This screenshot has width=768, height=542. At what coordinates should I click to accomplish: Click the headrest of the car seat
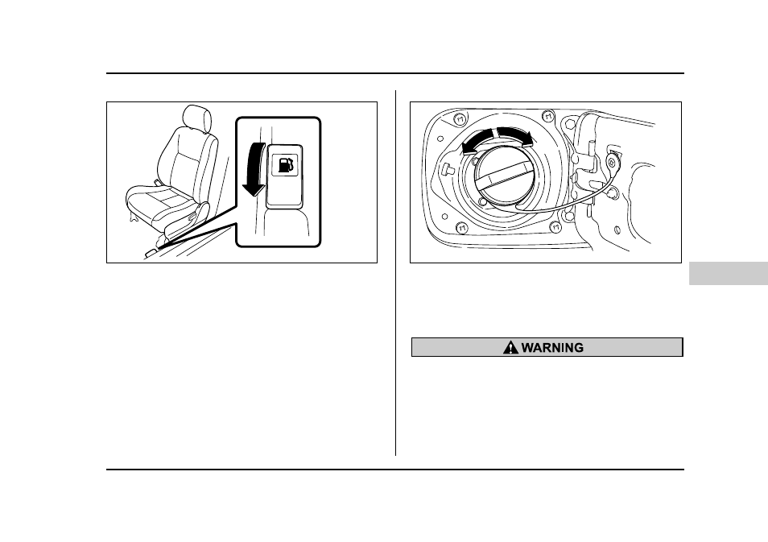point(196,117)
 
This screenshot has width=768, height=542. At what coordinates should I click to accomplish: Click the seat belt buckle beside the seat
point(158,182)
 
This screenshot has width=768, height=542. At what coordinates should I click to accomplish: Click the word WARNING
point(552,347)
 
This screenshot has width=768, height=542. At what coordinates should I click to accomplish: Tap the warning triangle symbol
point(510,347)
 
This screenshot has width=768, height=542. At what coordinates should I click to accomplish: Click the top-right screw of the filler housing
point(547,116)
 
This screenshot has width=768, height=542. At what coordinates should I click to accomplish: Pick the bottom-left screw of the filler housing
point(462,227)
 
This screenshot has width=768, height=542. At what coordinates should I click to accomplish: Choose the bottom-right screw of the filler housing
point(555,227)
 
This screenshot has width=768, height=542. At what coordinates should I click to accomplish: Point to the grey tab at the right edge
point(729,274)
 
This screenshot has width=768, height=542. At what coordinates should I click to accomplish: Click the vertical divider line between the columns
point(396,273)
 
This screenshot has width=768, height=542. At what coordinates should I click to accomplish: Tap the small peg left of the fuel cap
point(447,169)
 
